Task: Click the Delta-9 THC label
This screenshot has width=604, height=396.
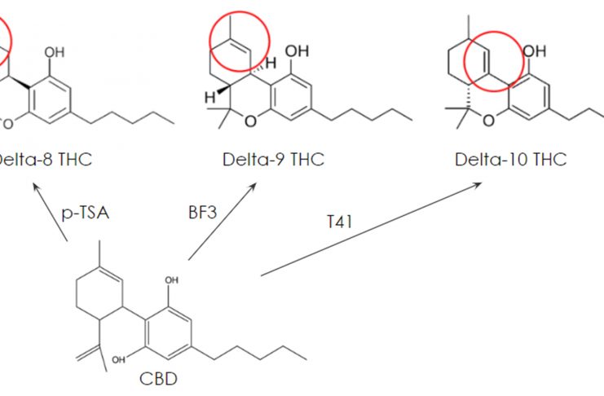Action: click(x=273, y=159)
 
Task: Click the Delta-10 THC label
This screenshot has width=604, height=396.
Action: click(x=510, y=159)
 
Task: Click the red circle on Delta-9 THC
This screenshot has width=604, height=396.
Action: click(x=240, y=40)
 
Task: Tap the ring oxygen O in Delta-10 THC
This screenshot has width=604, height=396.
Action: click(x=488, y=121)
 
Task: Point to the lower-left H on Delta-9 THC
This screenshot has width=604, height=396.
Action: click(x=208, y=97)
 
